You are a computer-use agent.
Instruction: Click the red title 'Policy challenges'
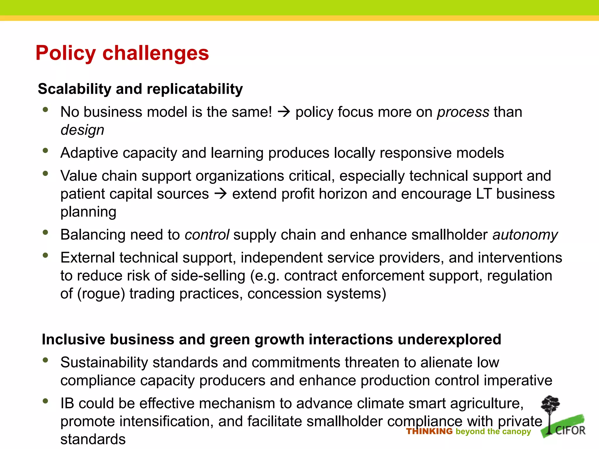(x=122, y=53)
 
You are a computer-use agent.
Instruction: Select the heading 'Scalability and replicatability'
(x=140, y=89)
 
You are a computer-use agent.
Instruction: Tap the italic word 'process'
(x=463, y=112)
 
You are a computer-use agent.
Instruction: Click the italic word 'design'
(x=82, y=130)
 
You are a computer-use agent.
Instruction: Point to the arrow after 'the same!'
(x=283, y=112)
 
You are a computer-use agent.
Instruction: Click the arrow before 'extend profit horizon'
(x=221, y=194)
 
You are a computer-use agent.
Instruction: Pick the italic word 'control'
(x=207, y=235)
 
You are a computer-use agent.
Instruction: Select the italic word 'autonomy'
(x=525, y=235)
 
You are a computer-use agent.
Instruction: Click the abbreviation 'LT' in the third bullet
(x=484, y=194)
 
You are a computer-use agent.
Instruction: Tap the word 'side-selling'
(x=208, y=276)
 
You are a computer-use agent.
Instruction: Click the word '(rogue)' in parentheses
(x=101, y=293)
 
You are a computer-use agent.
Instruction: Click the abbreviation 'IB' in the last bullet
(x=67, y=403)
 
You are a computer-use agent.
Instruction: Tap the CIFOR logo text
(x=570, y=430)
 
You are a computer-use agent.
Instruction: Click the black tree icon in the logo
(x=550, y=409)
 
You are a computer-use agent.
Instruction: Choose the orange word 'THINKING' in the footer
(x=429, y=431)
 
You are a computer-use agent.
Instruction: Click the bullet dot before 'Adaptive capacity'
(x=45, y=151)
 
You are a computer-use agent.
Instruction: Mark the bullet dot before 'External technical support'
(x=45, y=255)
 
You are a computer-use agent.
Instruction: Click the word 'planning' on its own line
(x=88, y=212)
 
